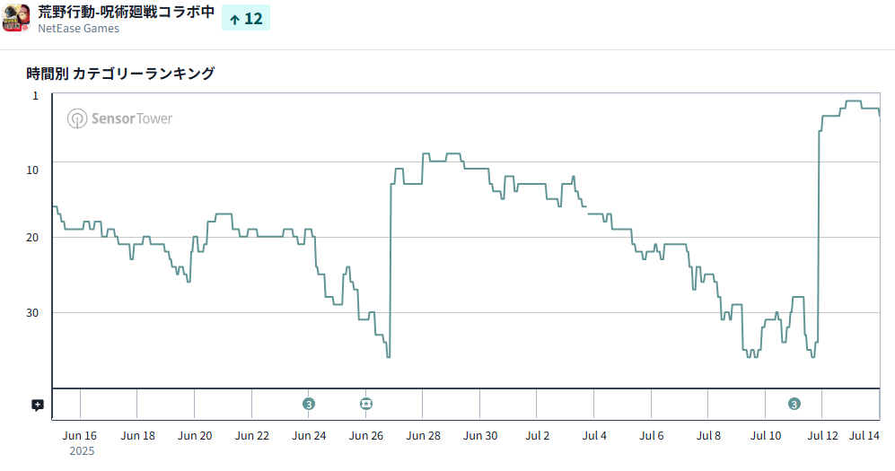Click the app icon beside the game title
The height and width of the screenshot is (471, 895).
point(17,18)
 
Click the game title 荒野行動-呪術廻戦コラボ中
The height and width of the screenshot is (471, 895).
point(126,13)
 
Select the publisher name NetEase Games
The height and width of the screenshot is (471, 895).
point(78,29)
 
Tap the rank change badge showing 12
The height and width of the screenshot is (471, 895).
point(246,18)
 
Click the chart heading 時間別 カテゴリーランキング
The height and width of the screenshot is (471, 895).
point(120,74)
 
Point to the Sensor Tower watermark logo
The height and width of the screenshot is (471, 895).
point(120,118)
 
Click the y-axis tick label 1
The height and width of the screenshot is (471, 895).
point(36,95)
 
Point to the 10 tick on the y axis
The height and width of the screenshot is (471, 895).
point(32,170)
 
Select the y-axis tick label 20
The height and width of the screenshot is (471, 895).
point(32,237)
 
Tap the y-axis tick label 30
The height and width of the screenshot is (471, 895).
point(32,312)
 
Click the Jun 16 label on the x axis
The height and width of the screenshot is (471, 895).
point(80,436)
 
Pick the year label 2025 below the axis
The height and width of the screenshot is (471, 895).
point(81,451)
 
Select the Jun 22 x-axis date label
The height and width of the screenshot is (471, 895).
point(251,436)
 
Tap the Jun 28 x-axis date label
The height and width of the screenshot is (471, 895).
point(423,436)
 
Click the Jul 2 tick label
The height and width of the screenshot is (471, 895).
point(538,436)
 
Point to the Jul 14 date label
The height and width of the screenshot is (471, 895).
point(864,436)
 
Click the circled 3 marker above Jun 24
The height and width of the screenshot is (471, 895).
point(309,404)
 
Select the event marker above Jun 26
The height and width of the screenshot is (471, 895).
point(366,404)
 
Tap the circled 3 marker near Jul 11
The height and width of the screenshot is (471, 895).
point(794,404)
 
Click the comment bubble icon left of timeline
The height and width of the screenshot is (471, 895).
point(38,405)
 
